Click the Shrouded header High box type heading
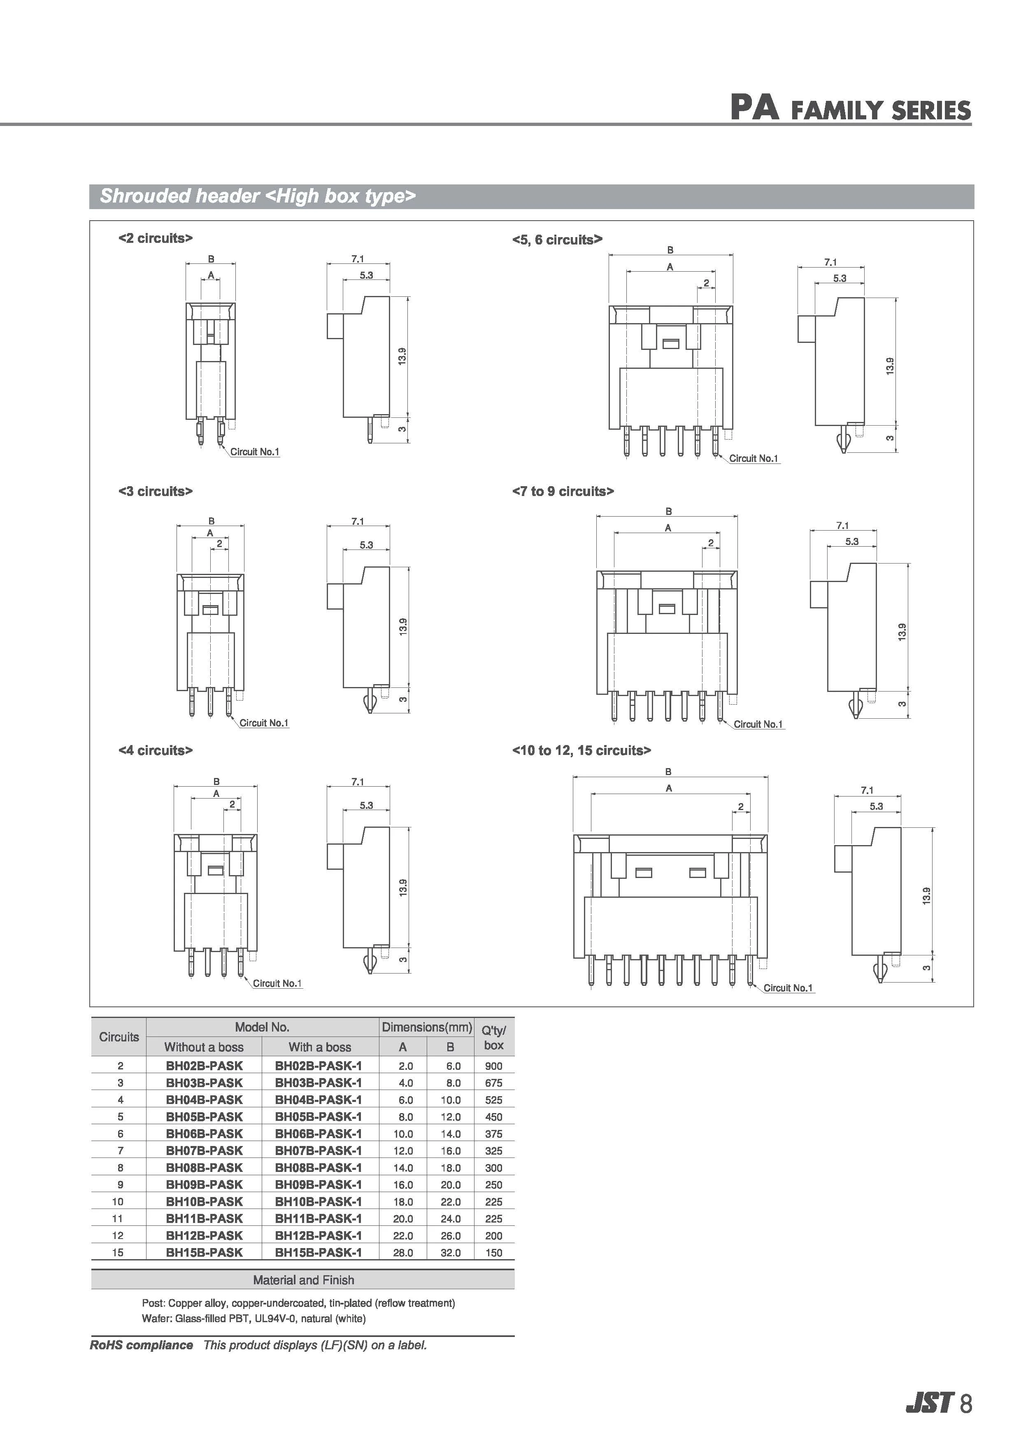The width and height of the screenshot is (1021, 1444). (x=258, y=196)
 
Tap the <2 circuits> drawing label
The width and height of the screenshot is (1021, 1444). (x=155, y=238)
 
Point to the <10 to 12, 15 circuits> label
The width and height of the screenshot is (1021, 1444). (x=581, y=750)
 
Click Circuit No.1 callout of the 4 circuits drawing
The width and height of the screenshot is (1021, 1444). (x=277, y=984)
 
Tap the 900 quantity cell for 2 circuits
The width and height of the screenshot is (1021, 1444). (x=493, y=1066)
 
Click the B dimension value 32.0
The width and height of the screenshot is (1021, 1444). (x=450, y=1253)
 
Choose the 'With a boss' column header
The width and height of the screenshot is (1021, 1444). (x=319, y=1047)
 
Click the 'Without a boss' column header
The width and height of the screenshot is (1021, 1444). (x=204, y=1047)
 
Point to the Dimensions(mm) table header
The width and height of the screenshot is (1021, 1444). (x=427, y=1028)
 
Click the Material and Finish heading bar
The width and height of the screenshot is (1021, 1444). (x=303, y=1280)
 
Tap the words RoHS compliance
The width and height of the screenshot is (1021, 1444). (x=142, y=1345)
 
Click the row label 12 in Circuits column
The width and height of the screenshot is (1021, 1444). (x=118, y=1236)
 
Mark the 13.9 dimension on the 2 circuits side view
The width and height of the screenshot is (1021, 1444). (x=402, y=356)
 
